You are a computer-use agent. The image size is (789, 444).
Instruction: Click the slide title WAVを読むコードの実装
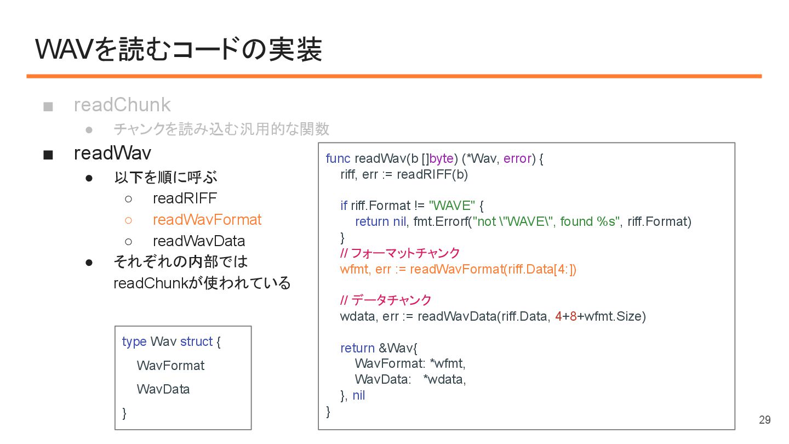[179, 49]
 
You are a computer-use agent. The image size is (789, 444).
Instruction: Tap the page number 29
[764, 420]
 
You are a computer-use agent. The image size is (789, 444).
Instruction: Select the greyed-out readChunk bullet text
[122, 105]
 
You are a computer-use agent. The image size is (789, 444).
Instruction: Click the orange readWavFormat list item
[207, 220]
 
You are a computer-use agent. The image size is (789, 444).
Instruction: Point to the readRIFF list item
[185, 198]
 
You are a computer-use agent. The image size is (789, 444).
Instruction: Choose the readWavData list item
[198, 241]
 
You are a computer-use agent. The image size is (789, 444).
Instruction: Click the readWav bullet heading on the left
[112, 153]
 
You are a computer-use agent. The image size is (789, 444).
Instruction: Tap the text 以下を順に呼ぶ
[165, 178]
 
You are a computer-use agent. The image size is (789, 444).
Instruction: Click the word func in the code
[338, 158]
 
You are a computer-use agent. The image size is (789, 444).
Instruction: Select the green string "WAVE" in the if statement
[451, 206]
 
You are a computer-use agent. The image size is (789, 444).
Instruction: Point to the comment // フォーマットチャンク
[399, 253]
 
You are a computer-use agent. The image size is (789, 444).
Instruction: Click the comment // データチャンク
[386, 300]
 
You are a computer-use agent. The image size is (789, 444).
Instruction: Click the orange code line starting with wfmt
[458, 269]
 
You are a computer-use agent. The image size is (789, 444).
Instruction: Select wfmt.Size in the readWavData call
[615, 316]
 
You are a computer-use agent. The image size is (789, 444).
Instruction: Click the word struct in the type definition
[196, 341]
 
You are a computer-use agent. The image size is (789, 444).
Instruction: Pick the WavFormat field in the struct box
[170, 366]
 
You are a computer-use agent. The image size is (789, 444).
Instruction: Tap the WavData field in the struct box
[163, 389]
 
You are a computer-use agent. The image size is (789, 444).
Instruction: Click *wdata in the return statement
[444, 379]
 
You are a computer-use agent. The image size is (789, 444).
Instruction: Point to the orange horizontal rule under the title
[394, 76]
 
